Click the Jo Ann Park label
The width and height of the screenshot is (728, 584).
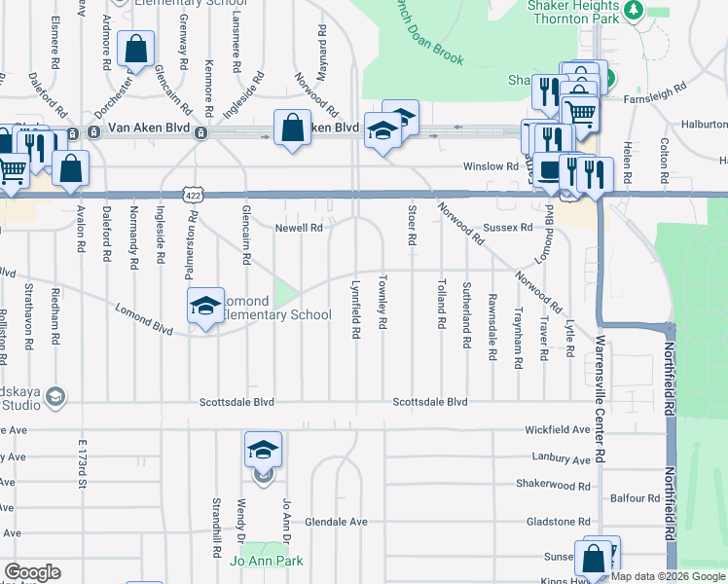[266, 561]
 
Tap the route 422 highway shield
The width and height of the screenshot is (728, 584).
[194, 196]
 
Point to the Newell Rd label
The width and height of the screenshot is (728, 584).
[299, 228]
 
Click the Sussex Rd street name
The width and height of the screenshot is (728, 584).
[508, 228]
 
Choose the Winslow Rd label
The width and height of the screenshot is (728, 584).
[491, 166]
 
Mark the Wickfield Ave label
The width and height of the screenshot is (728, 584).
[558, 429]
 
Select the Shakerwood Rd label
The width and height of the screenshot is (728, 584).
[553, 485]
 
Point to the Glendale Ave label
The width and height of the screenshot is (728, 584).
[336, 522]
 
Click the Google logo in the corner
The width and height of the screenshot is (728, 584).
[32, 573]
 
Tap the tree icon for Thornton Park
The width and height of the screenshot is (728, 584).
[635, 10]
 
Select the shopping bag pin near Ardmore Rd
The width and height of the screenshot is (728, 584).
[136, 49]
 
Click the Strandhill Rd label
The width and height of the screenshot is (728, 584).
[216, 527]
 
